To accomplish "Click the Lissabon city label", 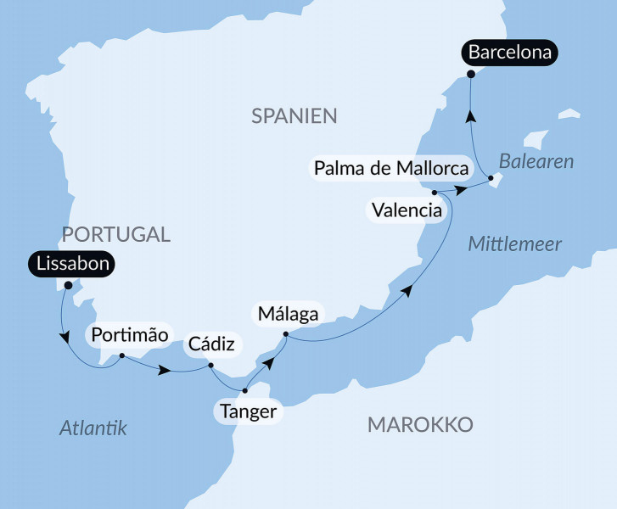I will coord(71,265).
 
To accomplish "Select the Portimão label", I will coord(130,333).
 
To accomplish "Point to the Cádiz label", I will coord(211,344).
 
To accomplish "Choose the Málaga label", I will coord(289,315).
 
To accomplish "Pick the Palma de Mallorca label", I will coord(391,168).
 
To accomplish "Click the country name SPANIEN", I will coord(294,116).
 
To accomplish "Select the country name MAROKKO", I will coord(420,424).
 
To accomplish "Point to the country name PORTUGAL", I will coord(117,234).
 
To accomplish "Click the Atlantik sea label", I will coord(93,428).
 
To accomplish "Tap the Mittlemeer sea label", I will coord(515,244).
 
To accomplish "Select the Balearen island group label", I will coord(536,160).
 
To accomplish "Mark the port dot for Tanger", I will coord(244,391).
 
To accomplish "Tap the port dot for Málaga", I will coord(285,334).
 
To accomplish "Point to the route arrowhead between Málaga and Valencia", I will coord(408,291).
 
